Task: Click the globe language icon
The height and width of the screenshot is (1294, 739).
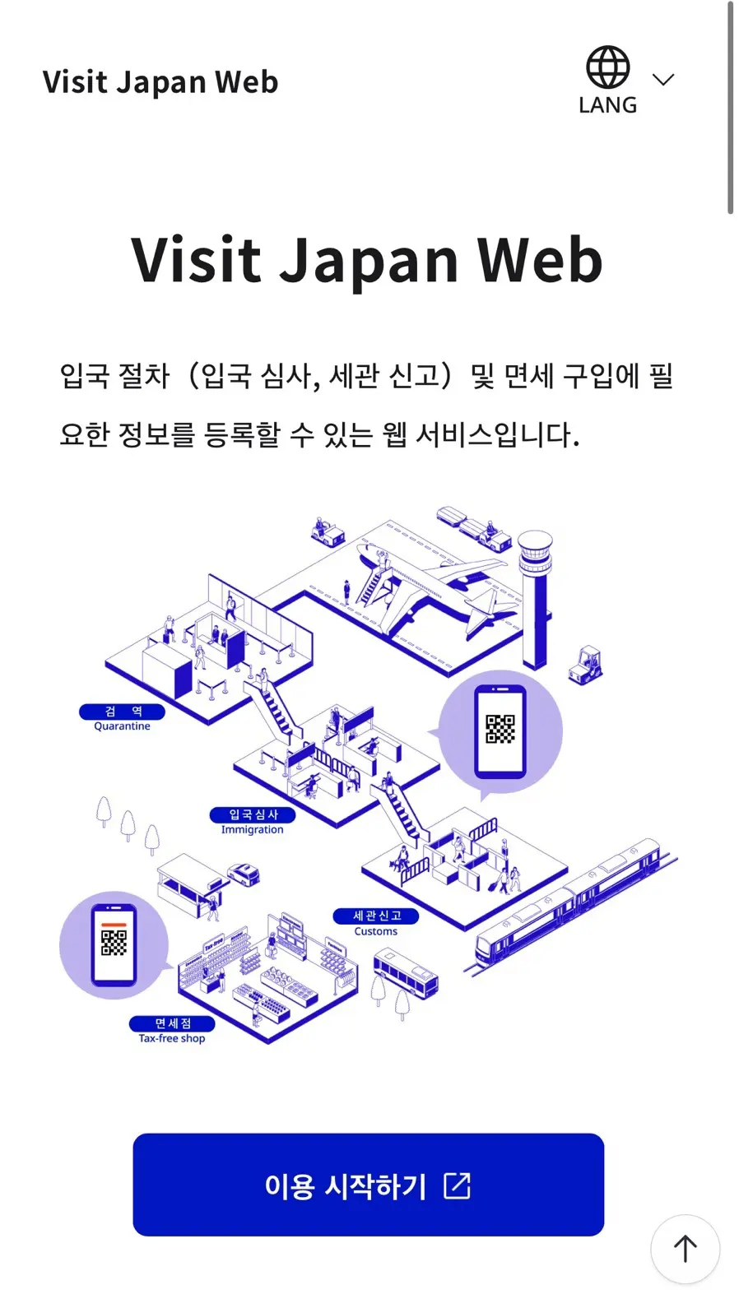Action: tap(607, 67)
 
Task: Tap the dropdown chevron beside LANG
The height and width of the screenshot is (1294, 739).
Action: tap(663, 79)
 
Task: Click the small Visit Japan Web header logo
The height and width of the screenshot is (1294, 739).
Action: tap(160, 82)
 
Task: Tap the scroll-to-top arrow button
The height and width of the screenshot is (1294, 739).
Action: tap(686, 1249)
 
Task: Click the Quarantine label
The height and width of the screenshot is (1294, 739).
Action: tap(122, 718)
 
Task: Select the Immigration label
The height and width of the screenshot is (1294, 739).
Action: tap(253, 822)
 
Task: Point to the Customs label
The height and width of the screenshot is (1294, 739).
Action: tap(375, 923)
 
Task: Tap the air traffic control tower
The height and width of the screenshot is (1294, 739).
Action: tap(536, 599)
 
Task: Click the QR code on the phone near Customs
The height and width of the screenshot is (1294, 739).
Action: tap(500, 729)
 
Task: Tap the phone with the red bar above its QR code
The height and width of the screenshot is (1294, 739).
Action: tap(114, 945)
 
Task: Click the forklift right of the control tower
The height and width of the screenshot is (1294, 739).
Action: tap(585, 665)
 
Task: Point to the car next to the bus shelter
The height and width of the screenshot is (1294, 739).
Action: tap(244, 874)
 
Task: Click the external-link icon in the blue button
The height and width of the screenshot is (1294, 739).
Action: tap(457, 1186)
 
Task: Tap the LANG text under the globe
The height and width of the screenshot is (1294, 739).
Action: tap(608, 105)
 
